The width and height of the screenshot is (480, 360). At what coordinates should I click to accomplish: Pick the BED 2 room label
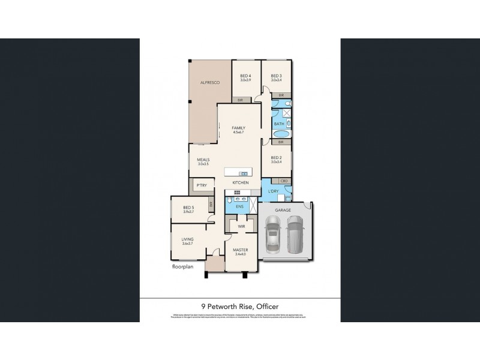click(x=276, y=158)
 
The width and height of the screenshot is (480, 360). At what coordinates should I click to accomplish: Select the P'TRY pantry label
click(x=199, y=187)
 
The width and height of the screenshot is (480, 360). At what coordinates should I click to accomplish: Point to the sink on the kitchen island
click(x=244, y=174)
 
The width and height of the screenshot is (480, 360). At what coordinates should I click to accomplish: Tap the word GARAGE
click(x=283, y=211)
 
